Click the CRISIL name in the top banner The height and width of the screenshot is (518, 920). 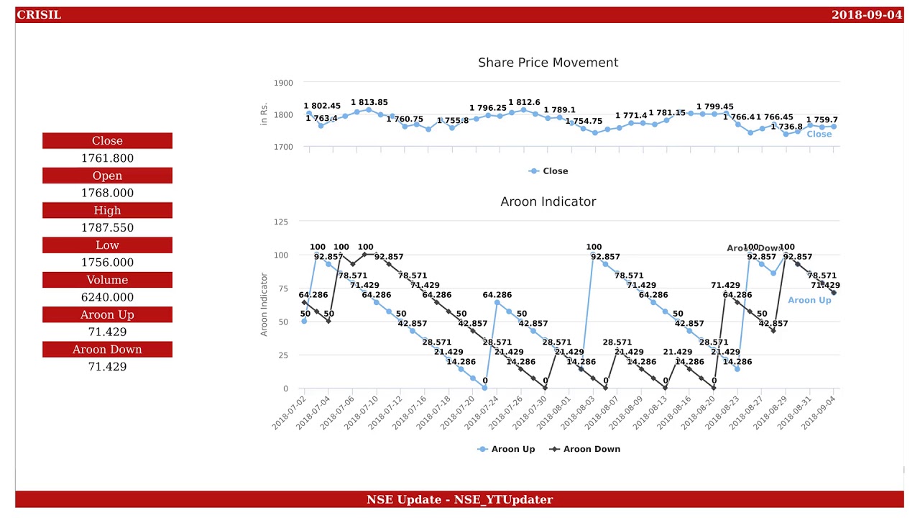coord(39,15)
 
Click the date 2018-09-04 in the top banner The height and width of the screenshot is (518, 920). coord(866,15)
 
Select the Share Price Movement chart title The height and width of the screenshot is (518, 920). coord(548,63)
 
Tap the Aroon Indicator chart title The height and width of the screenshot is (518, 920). coord(548,201)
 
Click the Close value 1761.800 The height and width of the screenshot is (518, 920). coord(107,158)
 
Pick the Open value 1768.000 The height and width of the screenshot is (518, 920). coord(107,193)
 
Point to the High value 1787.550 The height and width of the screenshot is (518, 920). coord(107,227)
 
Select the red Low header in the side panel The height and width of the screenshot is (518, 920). coord(107,245)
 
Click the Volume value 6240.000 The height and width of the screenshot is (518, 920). coord(107,297)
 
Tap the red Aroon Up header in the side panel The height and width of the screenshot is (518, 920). coord(107,314)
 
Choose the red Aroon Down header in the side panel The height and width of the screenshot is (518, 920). coord(107,350)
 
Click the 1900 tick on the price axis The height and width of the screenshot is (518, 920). coord(283,83)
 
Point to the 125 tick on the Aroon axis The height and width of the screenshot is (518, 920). coord(280,222)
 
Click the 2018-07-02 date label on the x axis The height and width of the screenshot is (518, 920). coord(289,413)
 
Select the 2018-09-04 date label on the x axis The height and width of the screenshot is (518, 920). coord(819,413)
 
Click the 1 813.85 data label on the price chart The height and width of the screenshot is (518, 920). coord(369,103)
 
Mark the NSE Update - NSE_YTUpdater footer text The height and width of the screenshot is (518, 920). coord(459,499)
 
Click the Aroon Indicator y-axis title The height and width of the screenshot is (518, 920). coord(264,304)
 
